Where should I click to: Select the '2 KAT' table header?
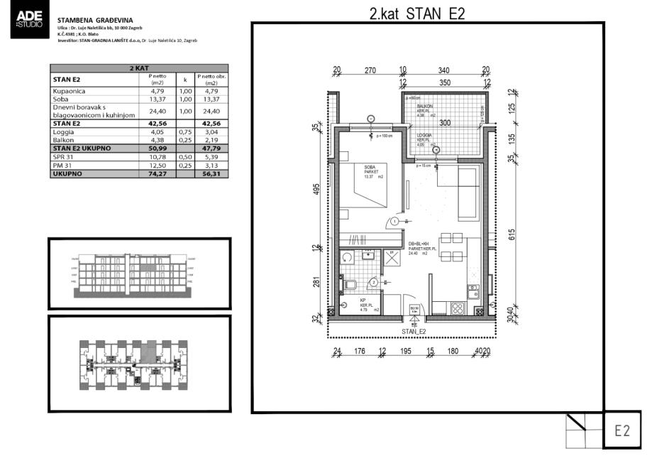click(x=139, y=68)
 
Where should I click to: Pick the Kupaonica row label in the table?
click(x=69, y=91)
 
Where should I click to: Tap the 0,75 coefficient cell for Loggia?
click(x=184, y=131)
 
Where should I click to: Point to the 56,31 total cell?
click(x=211, y=173)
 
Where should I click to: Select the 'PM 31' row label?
click(x=62, y=165)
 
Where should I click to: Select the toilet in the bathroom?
click(x=349, y=285)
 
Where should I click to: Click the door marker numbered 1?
click(x=394, y=222)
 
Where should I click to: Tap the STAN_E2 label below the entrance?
click(x=414, y=332)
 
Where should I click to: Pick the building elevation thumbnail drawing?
click(x=139, y=273)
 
